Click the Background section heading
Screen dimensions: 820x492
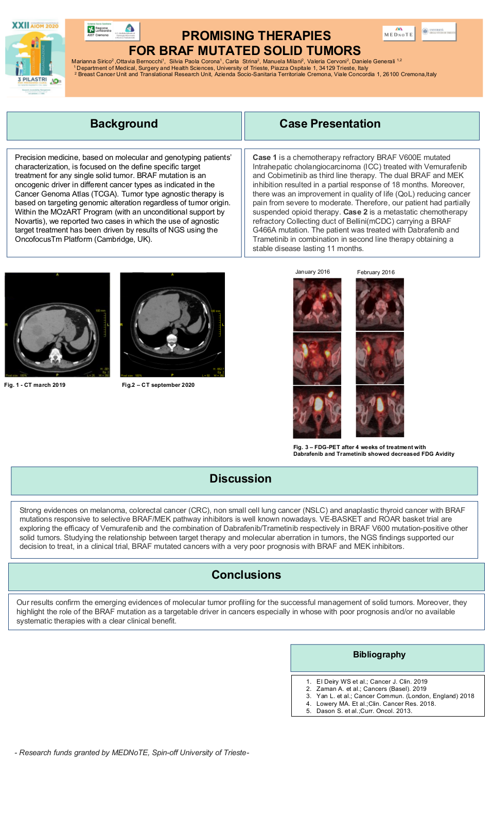[124, 124]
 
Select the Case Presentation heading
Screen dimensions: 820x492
[330, 124]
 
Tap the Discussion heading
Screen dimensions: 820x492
[240, 479]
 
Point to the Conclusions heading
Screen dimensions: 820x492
[246, 575]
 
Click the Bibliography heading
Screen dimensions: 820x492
[379, 655]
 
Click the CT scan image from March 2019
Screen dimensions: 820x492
[57, 325]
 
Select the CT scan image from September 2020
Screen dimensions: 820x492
[172, 325]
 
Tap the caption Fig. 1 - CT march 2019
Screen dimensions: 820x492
[35, 385]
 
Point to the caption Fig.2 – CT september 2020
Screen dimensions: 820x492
[158, 385]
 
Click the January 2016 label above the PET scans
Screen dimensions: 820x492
[312, 272]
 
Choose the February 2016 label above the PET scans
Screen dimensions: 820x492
[376, 273]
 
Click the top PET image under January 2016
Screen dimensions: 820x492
[317, 304]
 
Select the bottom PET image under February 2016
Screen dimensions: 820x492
[380, 412]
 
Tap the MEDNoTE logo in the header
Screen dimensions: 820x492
[399, 33]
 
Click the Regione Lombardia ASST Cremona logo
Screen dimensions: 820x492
[112, 31]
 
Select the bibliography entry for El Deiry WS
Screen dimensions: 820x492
[372, 682]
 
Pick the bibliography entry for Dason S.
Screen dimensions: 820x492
[364, 711]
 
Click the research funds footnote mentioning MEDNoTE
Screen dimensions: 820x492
[132, 753]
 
